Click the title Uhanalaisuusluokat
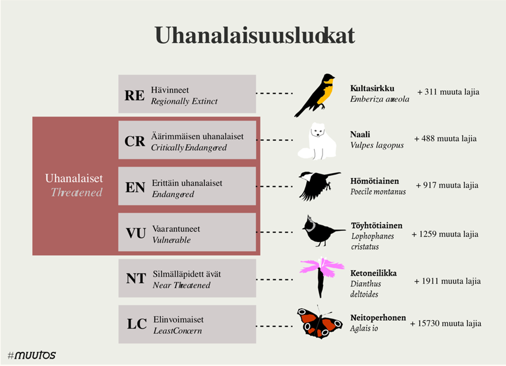255,36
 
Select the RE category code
134,96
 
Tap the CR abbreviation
135,141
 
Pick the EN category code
135,187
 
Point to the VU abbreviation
136,233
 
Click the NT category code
136,278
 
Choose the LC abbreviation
137,324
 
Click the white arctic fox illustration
317,141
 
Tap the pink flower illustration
322,277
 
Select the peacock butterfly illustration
320,322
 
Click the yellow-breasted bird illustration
315,95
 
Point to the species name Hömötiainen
375,181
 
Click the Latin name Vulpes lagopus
377,145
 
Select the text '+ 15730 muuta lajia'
446,324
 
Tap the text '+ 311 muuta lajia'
448,92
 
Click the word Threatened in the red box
76,192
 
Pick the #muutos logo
32,355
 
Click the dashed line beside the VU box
275,232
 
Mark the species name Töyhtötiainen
377,225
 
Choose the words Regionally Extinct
184,101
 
